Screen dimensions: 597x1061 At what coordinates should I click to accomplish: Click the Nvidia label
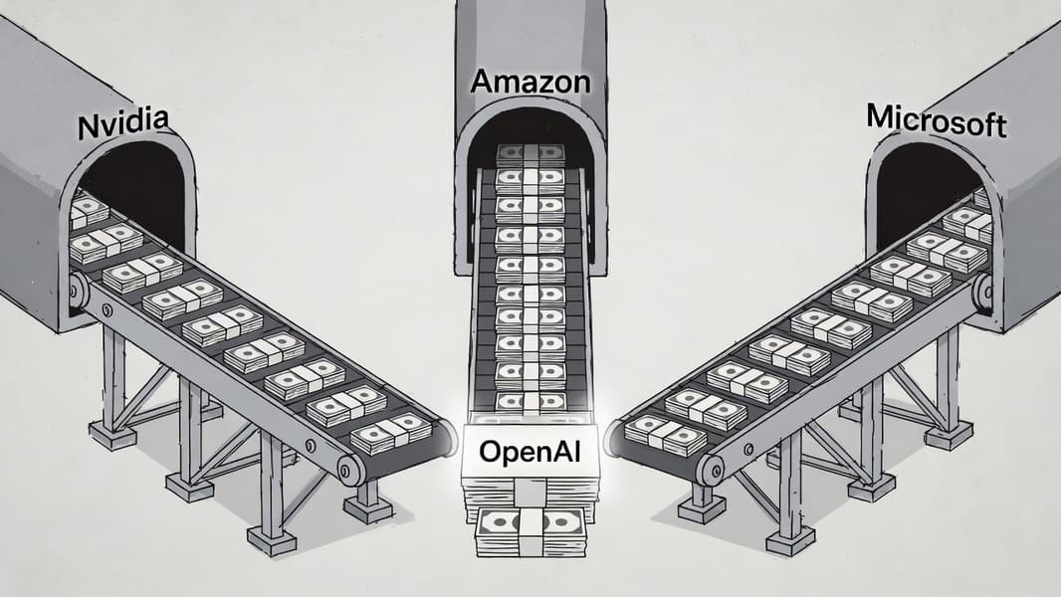click(123, 126)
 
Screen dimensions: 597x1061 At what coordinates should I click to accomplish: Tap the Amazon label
click(530, 82)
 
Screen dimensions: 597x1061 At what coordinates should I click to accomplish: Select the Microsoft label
click(936, 120)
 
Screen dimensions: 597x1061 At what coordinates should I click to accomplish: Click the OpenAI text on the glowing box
click(530, 451)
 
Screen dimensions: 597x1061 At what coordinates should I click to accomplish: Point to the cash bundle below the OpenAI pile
click(530, 531)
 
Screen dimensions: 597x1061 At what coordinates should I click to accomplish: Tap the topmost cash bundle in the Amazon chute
click(530, 154)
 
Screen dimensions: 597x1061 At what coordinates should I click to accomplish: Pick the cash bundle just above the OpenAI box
click(530, 401)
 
